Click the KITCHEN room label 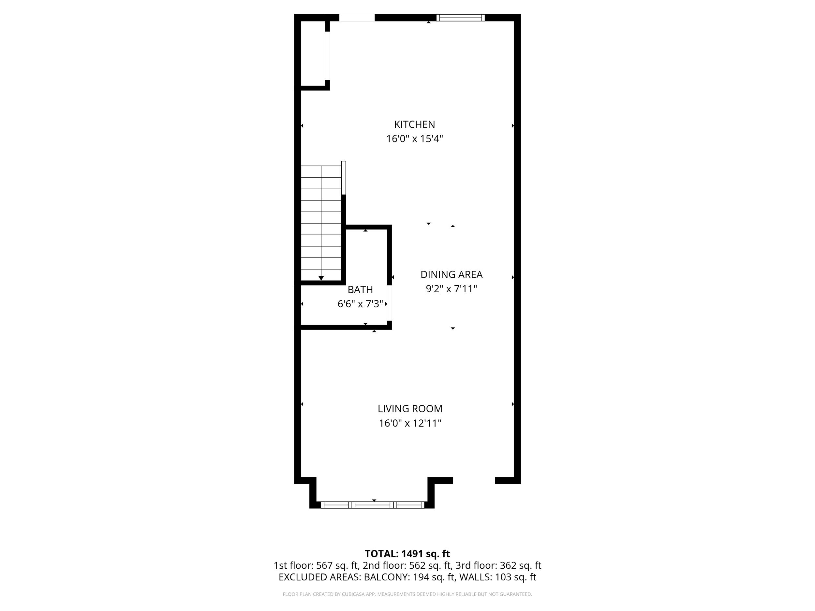click(414, 124)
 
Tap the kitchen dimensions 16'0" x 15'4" click(414, 139)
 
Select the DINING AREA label click(451, 274)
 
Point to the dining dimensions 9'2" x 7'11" click(451, 289)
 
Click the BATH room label click(360, 289)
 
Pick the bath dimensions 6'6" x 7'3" click(360, 304)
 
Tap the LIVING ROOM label click(410, 409)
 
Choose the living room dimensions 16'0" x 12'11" click(410, 423)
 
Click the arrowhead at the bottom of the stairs click(321, 278)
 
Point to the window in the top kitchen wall click(460, 18)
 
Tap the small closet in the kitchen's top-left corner click(313, 53)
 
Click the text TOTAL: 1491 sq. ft click(407, 554)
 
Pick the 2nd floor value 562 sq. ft click(430, 565)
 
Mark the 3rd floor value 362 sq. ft click(520, 565)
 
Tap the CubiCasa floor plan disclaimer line click(407, 594)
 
